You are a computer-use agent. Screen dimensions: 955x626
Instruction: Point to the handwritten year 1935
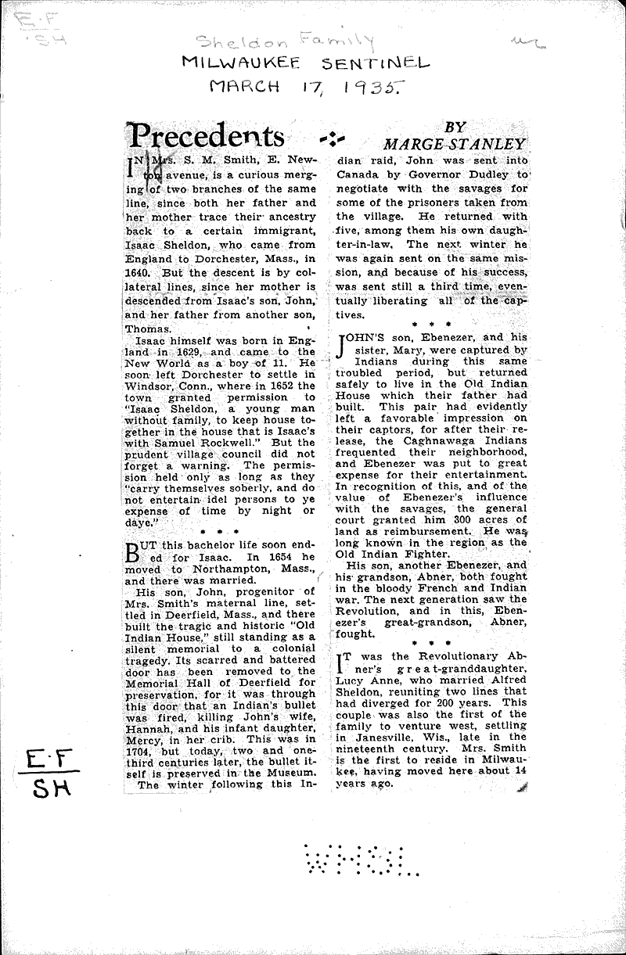[x=381, y=90]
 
